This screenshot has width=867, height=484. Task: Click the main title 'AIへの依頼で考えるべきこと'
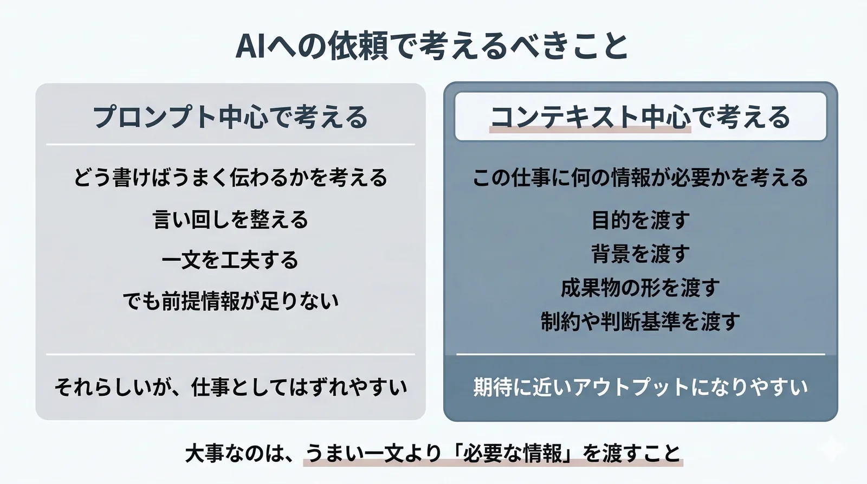[x=432, y=46]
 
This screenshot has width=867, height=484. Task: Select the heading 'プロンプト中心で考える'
[x=230, y=117]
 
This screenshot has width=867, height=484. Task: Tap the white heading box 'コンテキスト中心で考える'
[x=640, y=117]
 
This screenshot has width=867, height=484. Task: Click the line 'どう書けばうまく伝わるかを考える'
[x=230, y=178]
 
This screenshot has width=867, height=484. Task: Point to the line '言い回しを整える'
[x=230, y=220]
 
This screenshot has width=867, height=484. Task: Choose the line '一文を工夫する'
[x=230, y=260]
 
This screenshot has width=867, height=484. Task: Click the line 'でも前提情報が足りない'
[x=230, y=301]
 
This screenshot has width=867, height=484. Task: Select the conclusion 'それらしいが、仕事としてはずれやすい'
[x=230, y=387]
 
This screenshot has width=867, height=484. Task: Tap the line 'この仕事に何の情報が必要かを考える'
[x=640, y=178]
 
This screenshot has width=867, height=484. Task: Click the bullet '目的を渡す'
[x=640, y=220]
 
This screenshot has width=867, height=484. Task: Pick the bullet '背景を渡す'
[x=640, y=254]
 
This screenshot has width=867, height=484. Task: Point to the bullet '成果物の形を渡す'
[x=640, y=288]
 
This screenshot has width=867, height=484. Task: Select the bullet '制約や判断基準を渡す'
[x=640, y=321]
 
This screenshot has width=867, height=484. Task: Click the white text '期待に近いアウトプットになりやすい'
[x=640, y=387]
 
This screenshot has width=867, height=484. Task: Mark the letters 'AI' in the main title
[x=250, y=46]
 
